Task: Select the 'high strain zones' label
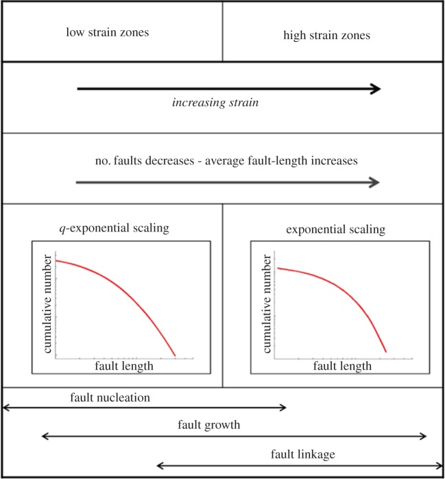[326, 35]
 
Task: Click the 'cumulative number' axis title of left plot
[48, 302]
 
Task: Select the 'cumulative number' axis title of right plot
[266, 302]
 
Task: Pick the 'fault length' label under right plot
[343, 367]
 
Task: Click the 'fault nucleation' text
[110, 397]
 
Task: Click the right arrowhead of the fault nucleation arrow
[283, 408]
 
